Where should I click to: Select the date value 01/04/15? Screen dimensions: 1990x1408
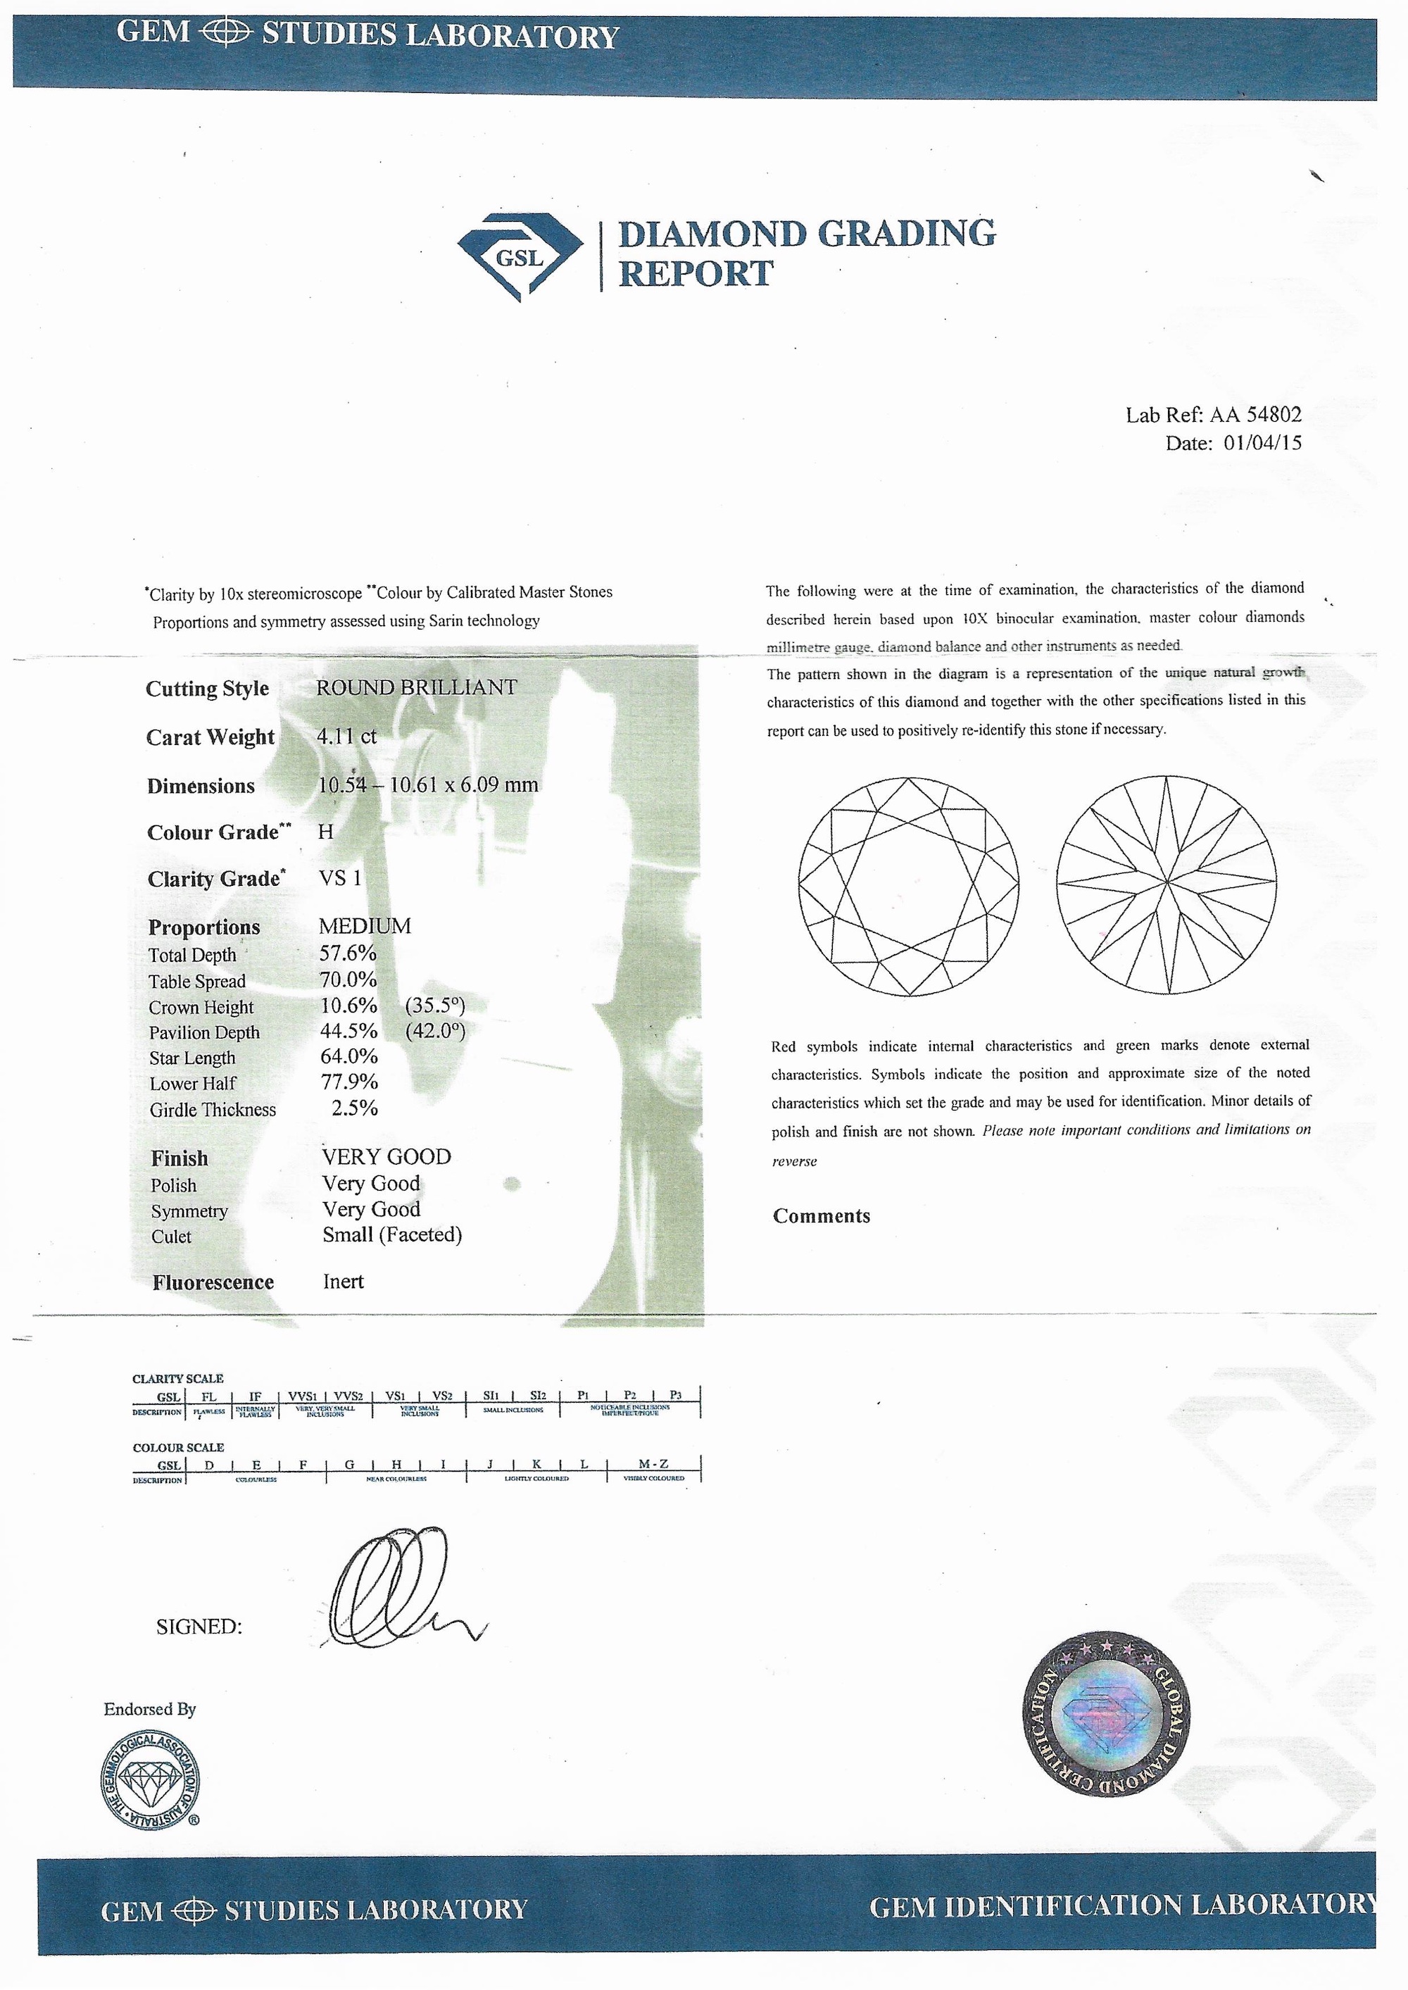(1262, 443)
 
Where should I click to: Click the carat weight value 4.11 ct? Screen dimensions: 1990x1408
(347, 737)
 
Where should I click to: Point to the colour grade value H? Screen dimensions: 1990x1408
(325, 832)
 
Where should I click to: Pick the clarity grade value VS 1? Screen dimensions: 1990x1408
(341, 878)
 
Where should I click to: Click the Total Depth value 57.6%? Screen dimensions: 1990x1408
(348, 954)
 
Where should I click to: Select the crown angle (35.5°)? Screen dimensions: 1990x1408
(435, 1006)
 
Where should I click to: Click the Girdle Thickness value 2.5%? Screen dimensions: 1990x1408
(355, 1108)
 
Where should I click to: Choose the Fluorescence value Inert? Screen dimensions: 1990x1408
(344, 1282)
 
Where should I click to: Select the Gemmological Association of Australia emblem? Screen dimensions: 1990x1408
(150, 1784)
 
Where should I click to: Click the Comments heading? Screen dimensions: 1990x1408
(821, 1215)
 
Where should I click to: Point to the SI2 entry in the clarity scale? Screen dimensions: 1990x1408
(538, 1395)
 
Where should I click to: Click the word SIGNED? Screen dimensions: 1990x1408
(199, 1627)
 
